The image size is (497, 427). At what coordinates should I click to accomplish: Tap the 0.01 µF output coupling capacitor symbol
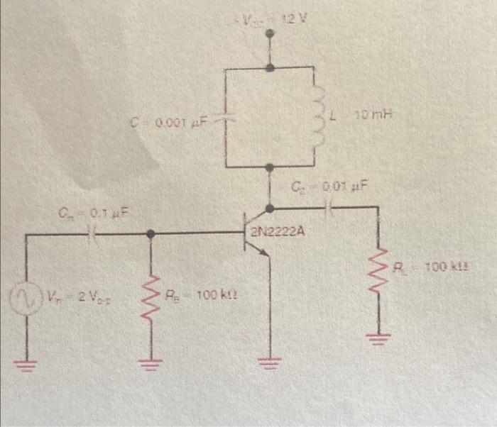click(329, 207)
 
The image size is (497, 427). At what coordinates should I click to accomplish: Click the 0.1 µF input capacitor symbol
click(89, 232)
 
